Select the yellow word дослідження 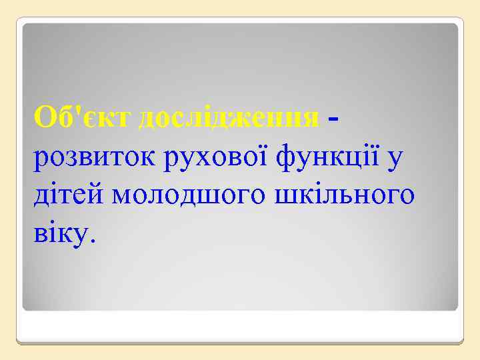(228, 119)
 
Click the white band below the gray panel (240, 327)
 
